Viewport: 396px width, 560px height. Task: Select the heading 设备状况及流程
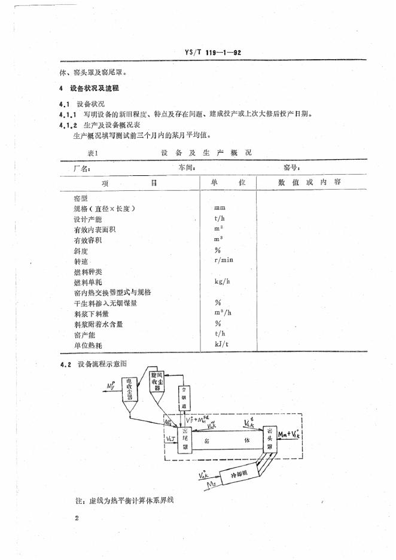(95, 89)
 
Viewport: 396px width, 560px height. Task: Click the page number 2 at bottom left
(78, 518)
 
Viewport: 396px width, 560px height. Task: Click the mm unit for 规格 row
(220, 208)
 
